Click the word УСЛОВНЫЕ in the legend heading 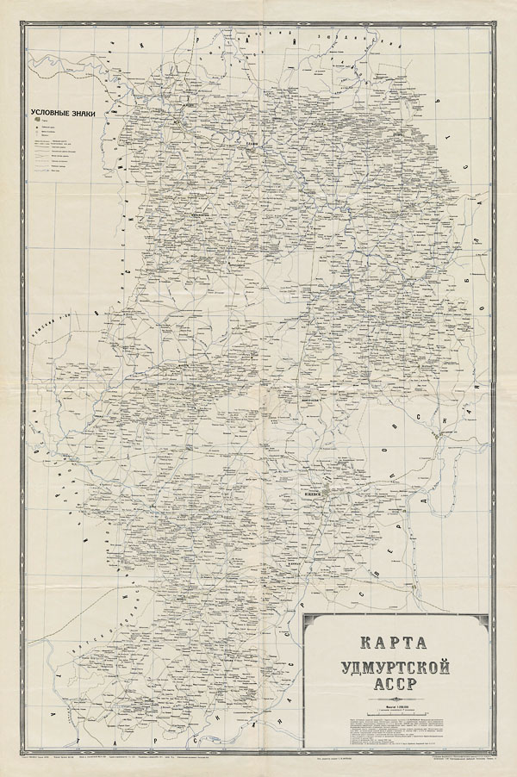[54, 113]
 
